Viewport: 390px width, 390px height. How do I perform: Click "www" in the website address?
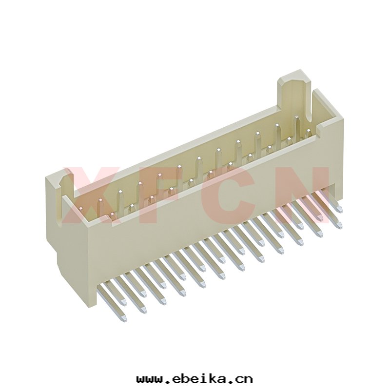coord(150,380)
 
